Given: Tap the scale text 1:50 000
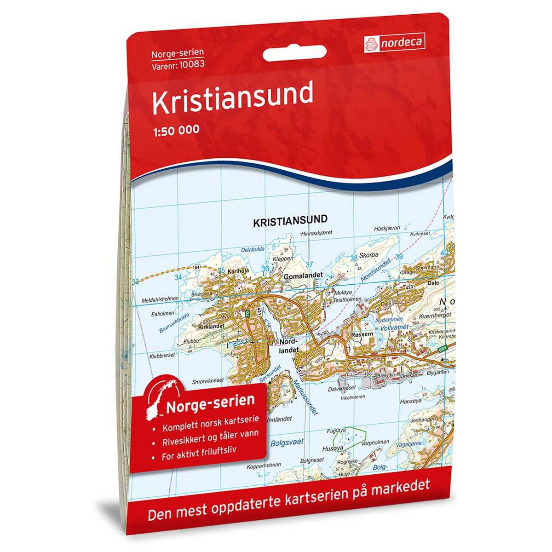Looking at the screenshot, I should [176, 130].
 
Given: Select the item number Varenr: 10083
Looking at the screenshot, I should [178, 64].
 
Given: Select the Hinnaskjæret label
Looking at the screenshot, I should [316, 234].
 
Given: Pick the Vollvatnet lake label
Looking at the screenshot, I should [394, 327].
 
